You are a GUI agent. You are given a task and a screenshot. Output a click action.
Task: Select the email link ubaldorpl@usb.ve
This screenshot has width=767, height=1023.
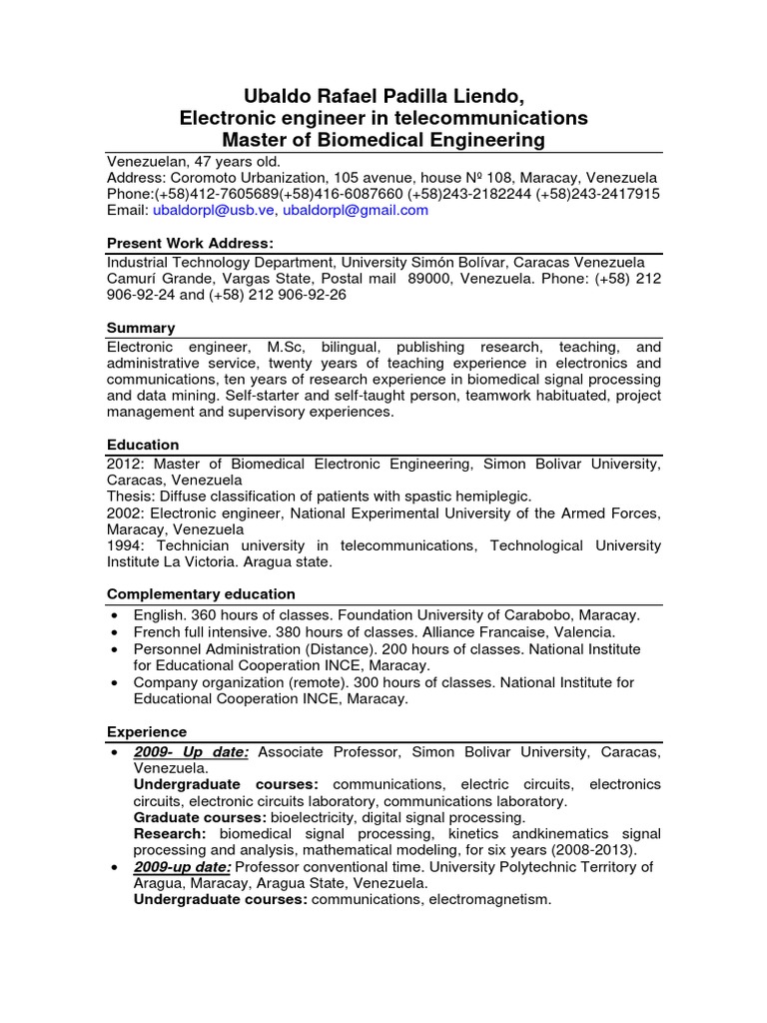pyautogui.click(x=213, y=210)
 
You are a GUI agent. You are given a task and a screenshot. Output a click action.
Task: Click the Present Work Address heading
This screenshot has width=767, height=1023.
pyautogui.click(x=190, y=244)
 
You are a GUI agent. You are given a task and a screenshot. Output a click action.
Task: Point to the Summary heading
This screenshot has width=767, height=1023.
pyautogui.click(x=140, y=328)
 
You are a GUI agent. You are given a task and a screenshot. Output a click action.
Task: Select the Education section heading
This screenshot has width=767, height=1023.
pyautogui.click(x=143, y=445)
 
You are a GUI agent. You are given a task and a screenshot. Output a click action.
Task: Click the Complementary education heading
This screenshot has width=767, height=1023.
pyautogui.click(x=201, y=593)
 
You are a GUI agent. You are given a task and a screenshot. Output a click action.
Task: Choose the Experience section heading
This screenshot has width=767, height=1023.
pyautogui.click(x=146, y=732)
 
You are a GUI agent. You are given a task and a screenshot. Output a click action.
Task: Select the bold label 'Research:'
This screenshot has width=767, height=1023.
pyautogui.click(x=170, y=834)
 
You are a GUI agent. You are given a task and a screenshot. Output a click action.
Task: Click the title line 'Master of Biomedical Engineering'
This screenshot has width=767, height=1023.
pyautogui.click(x=383, y=140)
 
